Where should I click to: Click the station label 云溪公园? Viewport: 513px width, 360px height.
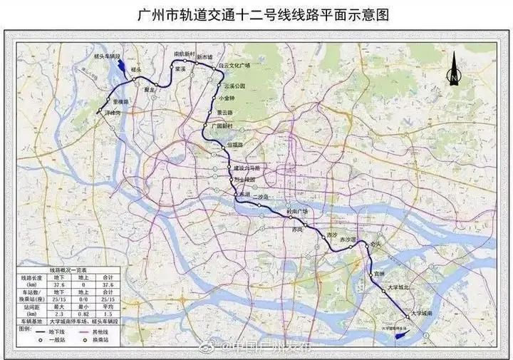234,86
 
